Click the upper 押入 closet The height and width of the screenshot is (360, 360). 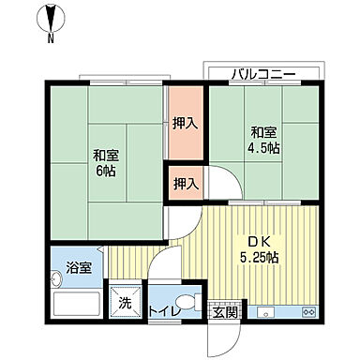(183, 123)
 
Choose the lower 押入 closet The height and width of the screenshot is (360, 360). (183, 184)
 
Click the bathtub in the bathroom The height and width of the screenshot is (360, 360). (76, 305)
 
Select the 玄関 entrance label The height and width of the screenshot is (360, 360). (223, 310)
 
